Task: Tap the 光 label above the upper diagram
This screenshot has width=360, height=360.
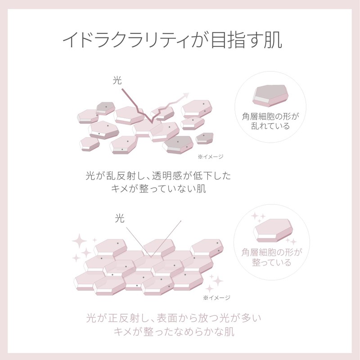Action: pos(117,81)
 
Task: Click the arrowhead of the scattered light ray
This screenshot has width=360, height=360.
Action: pos(186,95)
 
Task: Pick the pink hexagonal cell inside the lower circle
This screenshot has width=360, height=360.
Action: pos(273,230)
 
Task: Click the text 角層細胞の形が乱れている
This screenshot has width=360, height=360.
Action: pos(270,121)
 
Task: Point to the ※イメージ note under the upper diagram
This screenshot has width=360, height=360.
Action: pos(210,157)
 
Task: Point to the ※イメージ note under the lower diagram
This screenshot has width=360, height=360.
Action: pos(216,298)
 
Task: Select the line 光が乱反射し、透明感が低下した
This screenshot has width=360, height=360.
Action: pos(158,176)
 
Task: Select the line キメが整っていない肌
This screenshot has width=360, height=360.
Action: pos(158,189)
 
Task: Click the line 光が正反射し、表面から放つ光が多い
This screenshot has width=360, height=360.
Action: pos(174,318)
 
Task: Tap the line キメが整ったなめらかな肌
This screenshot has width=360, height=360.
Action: pos(174,332)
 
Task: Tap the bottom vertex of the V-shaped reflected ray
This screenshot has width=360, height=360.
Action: pos(151,257)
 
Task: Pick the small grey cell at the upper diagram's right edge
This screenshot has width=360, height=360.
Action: pos(204,139)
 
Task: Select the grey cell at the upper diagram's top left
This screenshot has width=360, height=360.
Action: pos(106,108)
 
